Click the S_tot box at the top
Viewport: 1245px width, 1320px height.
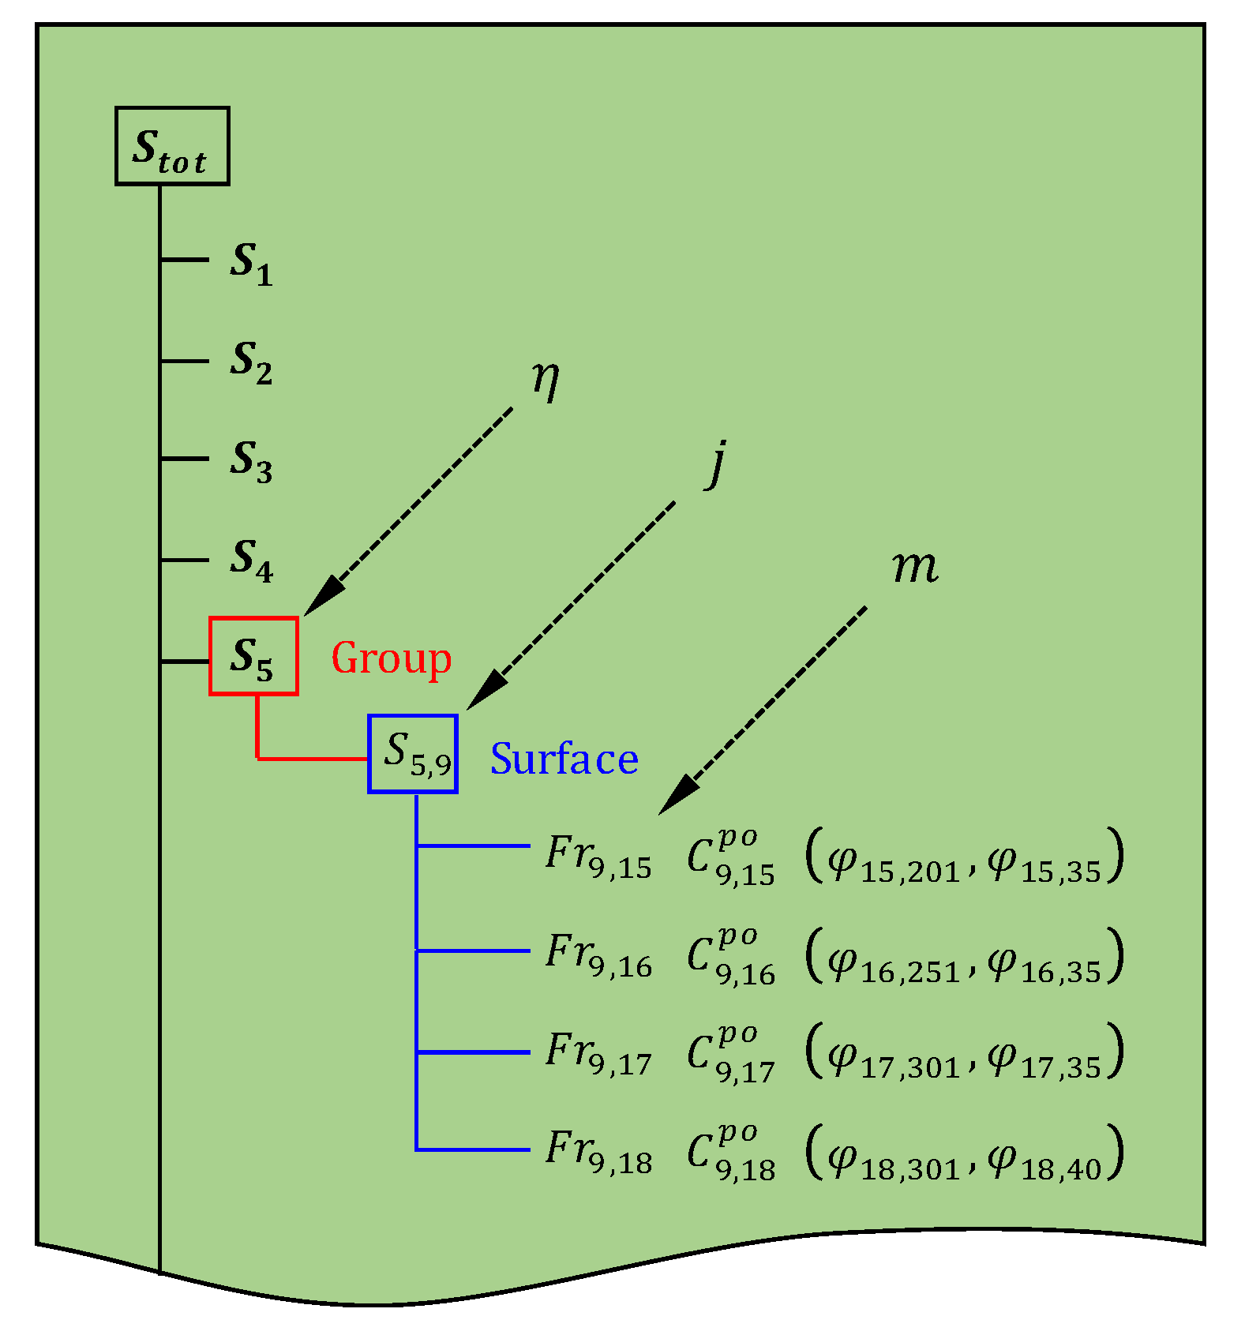[172, 146]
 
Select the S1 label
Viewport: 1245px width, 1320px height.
[251, 263]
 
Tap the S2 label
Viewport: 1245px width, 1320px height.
[251, 362]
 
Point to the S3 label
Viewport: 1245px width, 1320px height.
[251, 460]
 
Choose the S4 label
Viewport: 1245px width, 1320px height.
[251, 560]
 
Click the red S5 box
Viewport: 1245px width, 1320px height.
[253, 656]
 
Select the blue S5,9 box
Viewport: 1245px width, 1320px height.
[413, 753]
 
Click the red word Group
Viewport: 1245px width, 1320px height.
[391, 658]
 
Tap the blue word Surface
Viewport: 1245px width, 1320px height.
[564, 759]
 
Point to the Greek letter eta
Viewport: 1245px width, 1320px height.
[545, 380]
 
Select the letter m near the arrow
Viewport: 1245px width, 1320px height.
[915, 566]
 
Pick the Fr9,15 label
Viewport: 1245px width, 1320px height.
[598, 857]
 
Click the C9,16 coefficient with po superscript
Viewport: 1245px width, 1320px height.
[730, 956]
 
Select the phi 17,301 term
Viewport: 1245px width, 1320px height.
[893, 1057]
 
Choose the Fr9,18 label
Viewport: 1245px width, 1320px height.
[598, 1152]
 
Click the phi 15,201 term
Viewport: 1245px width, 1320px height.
[893, 861]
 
